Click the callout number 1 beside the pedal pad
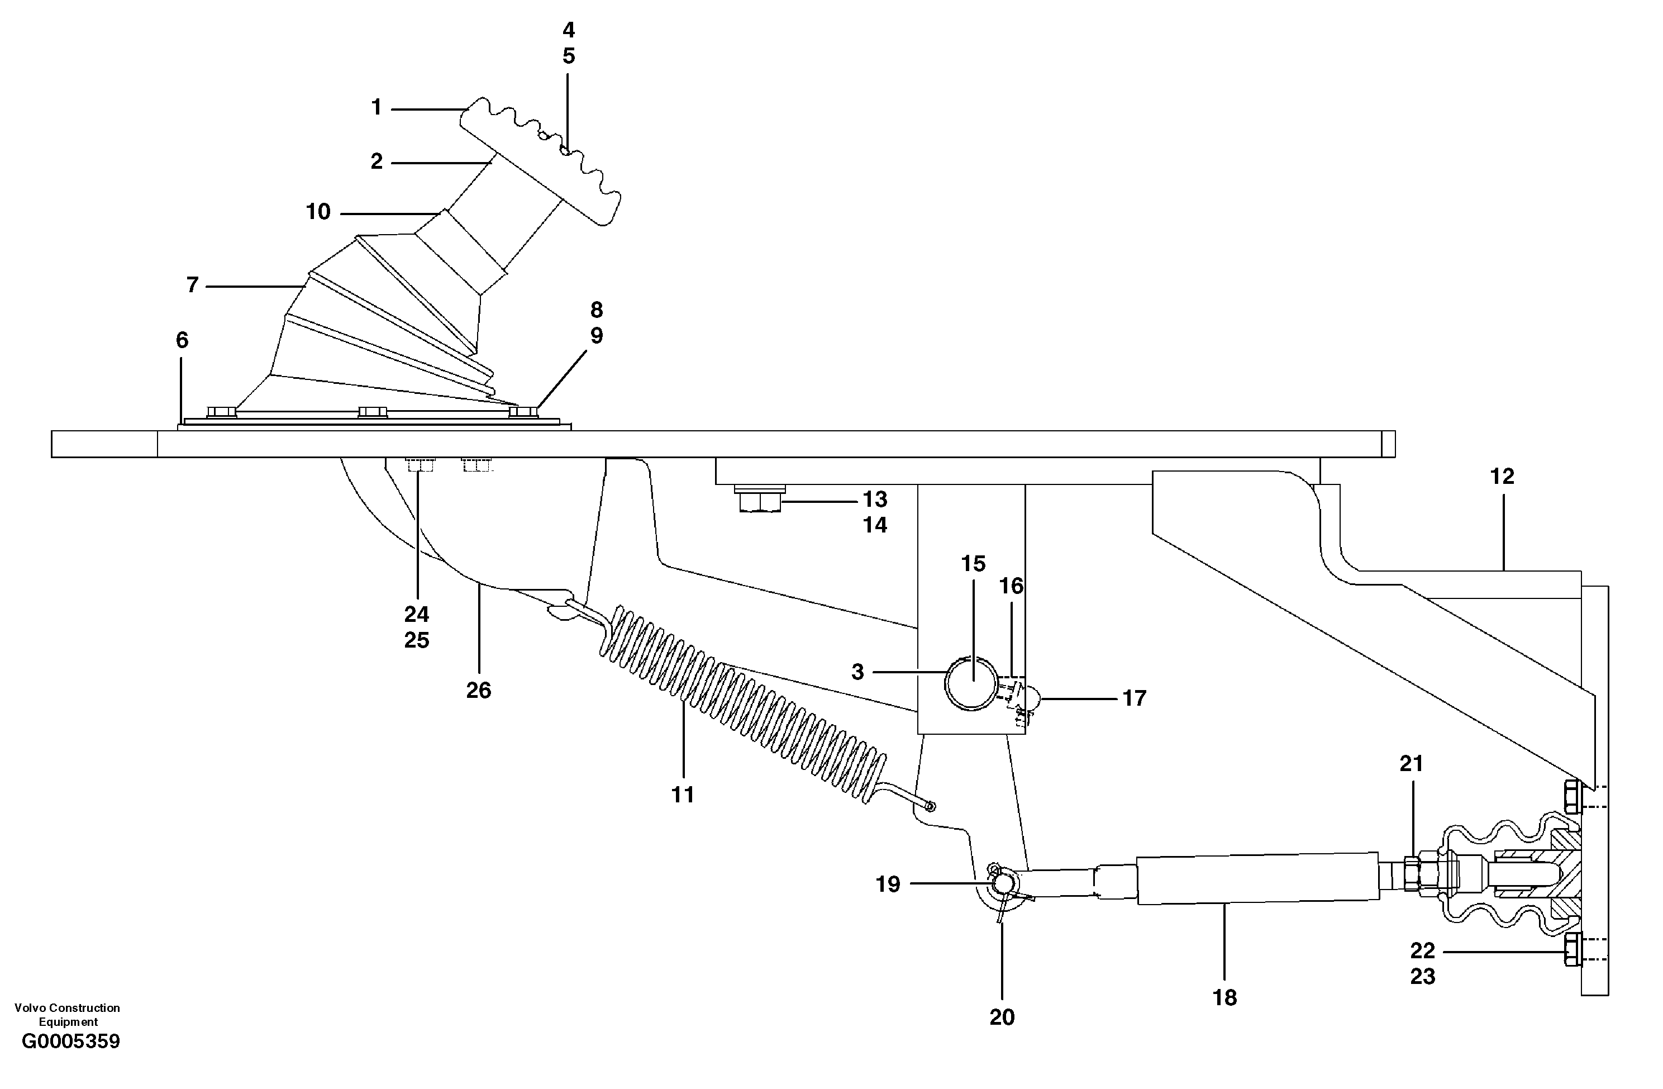pos(377,108)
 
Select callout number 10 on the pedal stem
pos(318,212)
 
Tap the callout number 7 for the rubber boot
pos(193,285)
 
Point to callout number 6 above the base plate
pos(182,340)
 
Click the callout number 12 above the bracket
pos(1502,477)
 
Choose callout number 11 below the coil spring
pos(683,795)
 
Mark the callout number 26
pos(479,691)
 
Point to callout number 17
pos(1134,698)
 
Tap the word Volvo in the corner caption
pos(28,1008)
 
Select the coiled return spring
pos(741,706)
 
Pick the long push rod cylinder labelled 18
pos(1258,878)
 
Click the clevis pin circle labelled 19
pos(1003,884)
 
